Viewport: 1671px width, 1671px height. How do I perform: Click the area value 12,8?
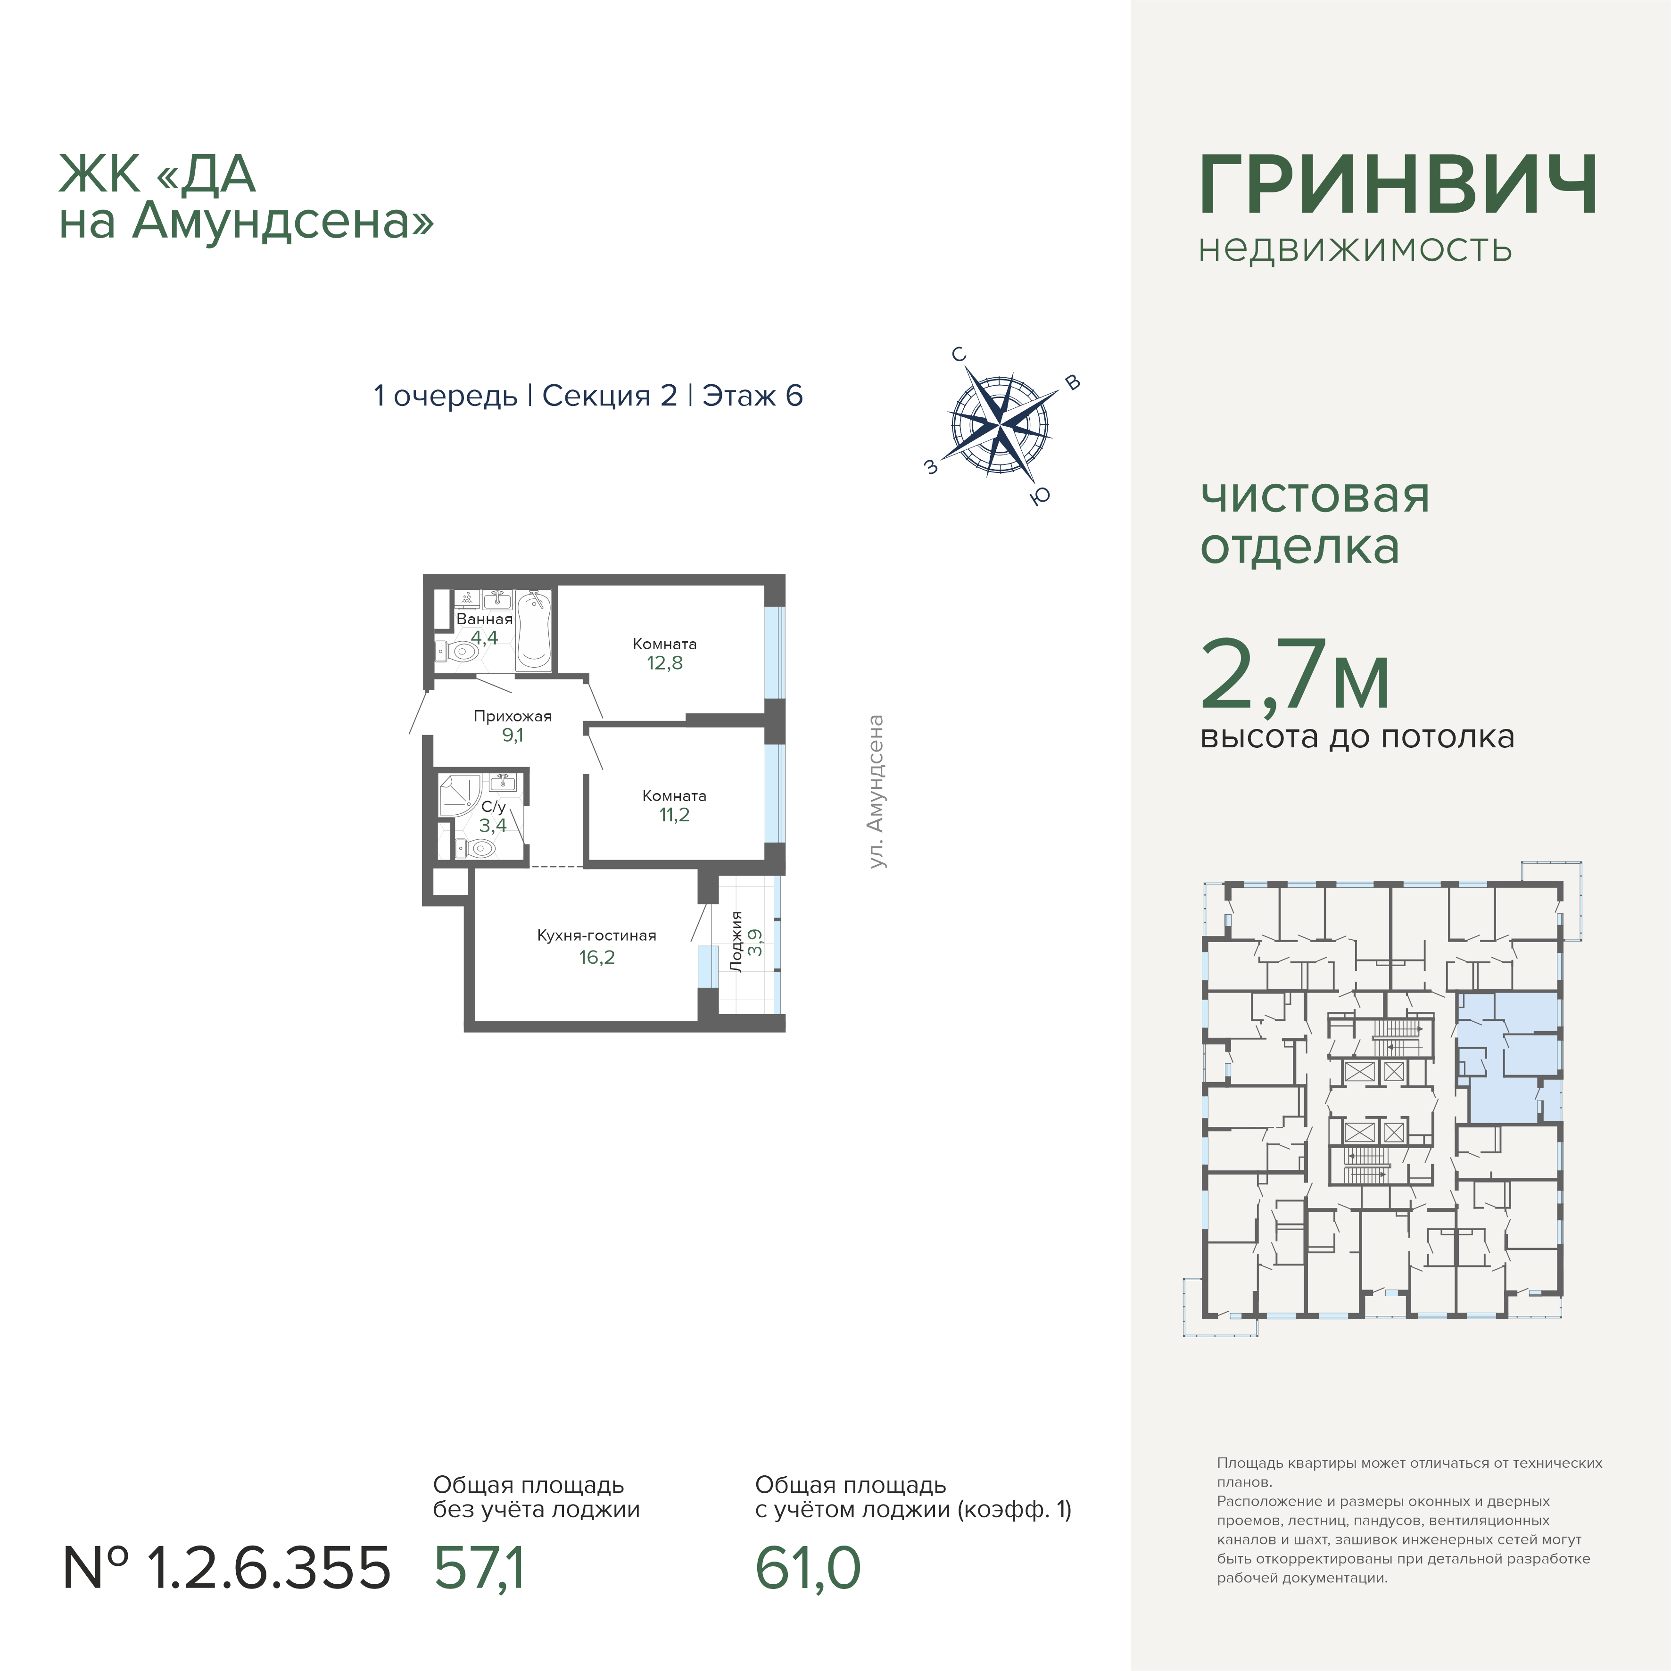click(664, 662)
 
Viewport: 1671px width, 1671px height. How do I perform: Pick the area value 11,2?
click(674, 815)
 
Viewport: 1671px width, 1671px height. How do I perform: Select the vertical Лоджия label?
click(736, 942)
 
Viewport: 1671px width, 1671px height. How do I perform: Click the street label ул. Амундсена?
click(876, 791)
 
